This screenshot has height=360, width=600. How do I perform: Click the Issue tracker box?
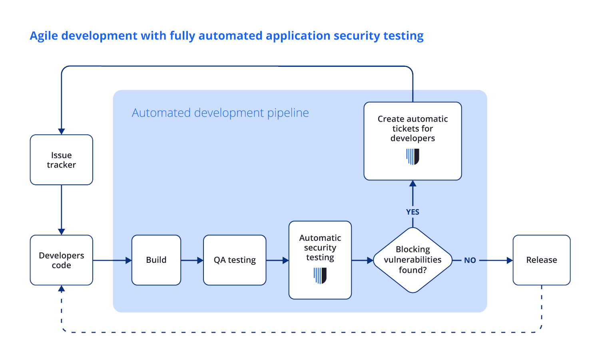(62, 160)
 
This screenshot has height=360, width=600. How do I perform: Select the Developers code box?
(62, 260)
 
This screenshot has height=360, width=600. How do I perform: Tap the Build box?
(156, 260)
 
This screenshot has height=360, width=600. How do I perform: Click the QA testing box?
(235, 260)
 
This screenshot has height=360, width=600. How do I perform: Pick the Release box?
(541, 260)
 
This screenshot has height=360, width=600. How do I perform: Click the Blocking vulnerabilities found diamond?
(413, 260)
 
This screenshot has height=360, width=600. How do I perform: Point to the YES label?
(413, 212)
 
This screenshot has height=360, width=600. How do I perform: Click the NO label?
(470, 260)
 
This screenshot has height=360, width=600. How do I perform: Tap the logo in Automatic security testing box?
(320, 276)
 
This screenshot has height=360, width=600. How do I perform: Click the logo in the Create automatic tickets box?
(413, 156)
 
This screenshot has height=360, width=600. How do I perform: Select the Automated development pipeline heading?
(220, 113)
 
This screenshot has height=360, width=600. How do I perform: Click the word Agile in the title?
(44, 36)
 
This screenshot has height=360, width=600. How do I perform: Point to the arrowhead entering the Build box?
(129, 260)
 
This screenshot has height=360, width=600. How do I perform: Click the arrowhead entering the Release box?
(510, 260)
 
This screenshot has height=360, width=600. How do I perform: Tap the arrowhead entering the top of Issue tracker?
(62, 132)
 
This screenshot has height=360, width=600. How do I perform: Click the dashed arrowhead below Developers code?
(62, 288)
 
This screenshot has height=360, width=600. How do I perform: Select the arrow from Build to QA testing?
(192, 260)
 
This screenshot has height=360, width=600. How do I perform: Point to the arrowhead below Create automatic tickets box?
(413, 184)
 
